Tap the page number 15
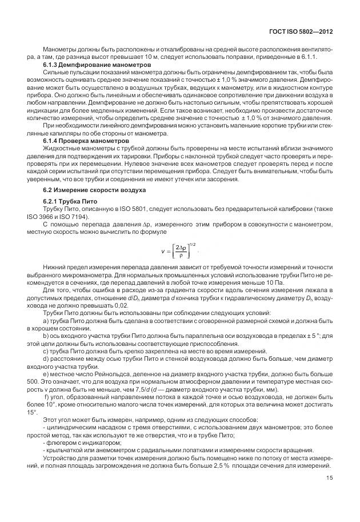329,479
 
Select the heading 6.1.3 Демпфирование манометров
97,65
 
